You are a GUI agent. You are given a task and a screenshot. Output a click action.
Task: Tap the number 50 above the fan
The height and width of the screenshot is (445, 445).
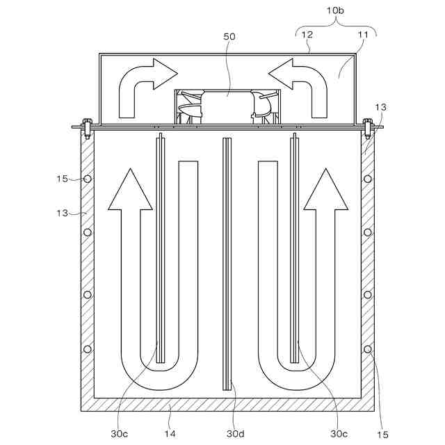click(229, 36)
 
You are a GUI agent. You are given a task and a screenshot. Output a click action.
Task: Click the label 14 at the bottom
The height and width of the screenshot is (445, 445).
click(170, 433)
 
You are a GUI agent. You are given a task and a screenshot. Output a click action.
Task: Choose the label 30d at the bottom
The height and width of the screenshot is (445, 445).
click(236, 433)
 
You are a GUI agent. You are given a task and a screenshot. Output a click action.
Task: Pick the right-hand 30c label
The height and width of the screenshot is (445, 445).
click(339, 433)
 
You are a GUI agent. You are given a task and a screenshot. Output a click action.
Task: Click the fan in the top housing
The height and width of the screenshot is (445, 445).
click(225, 106)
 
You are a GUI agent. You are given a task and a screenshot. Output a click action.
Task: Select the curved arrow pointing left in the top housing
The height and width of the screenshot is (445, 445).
click(300, 86)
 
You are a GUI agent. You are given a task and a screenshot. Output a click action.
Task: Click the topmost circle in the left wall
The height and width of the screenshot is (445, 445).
click(88, 179)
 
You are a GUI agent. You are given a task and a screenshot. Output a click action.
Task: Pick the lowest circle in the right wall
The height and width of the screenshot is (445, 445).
click(368, 348)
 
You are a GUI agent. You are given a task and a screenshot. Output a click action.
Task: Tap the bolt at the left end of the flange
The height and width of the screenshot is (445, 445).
click(86, 126)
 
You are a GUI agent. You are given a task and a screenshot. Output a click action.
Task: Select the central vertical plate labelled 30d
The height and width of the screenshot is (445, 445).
click(226, 264)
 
